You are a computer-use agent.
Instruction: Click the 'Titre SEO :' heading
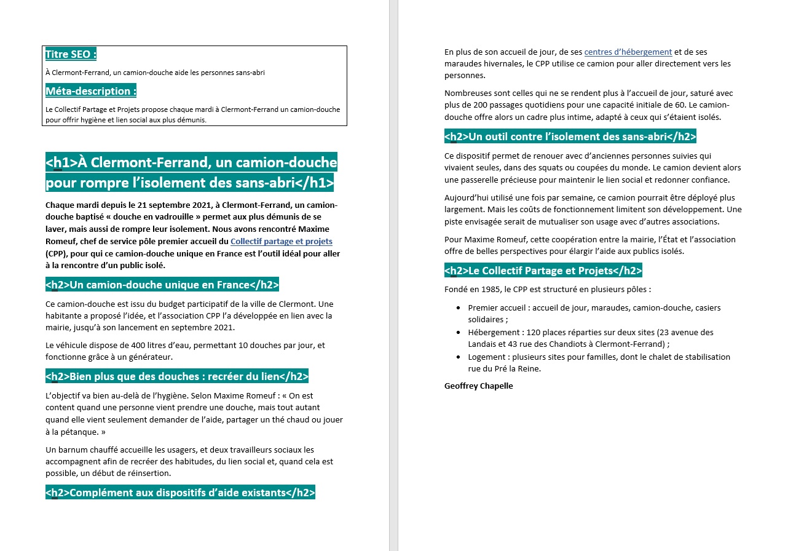71,54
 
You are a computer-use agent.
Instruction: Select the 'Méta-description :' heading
90,91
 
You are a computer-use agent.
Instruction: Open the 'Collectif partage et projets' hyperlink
281,242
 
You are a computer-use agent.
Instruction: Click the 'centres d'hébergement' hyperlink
628,52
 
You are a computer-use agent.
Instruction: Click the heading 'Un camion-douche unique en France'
162,285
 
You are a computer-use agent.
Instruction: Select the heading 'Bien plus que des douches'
176,376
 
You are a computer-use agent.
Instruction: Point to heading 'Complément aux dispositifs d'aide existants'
180,493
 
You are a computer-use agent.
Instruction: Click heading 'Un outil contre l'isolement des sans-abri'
570,137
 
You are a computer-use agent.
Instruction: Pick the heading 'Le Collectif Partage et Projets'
543,271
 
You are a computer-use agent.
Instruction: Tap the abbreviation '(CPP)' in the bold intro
56,253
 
